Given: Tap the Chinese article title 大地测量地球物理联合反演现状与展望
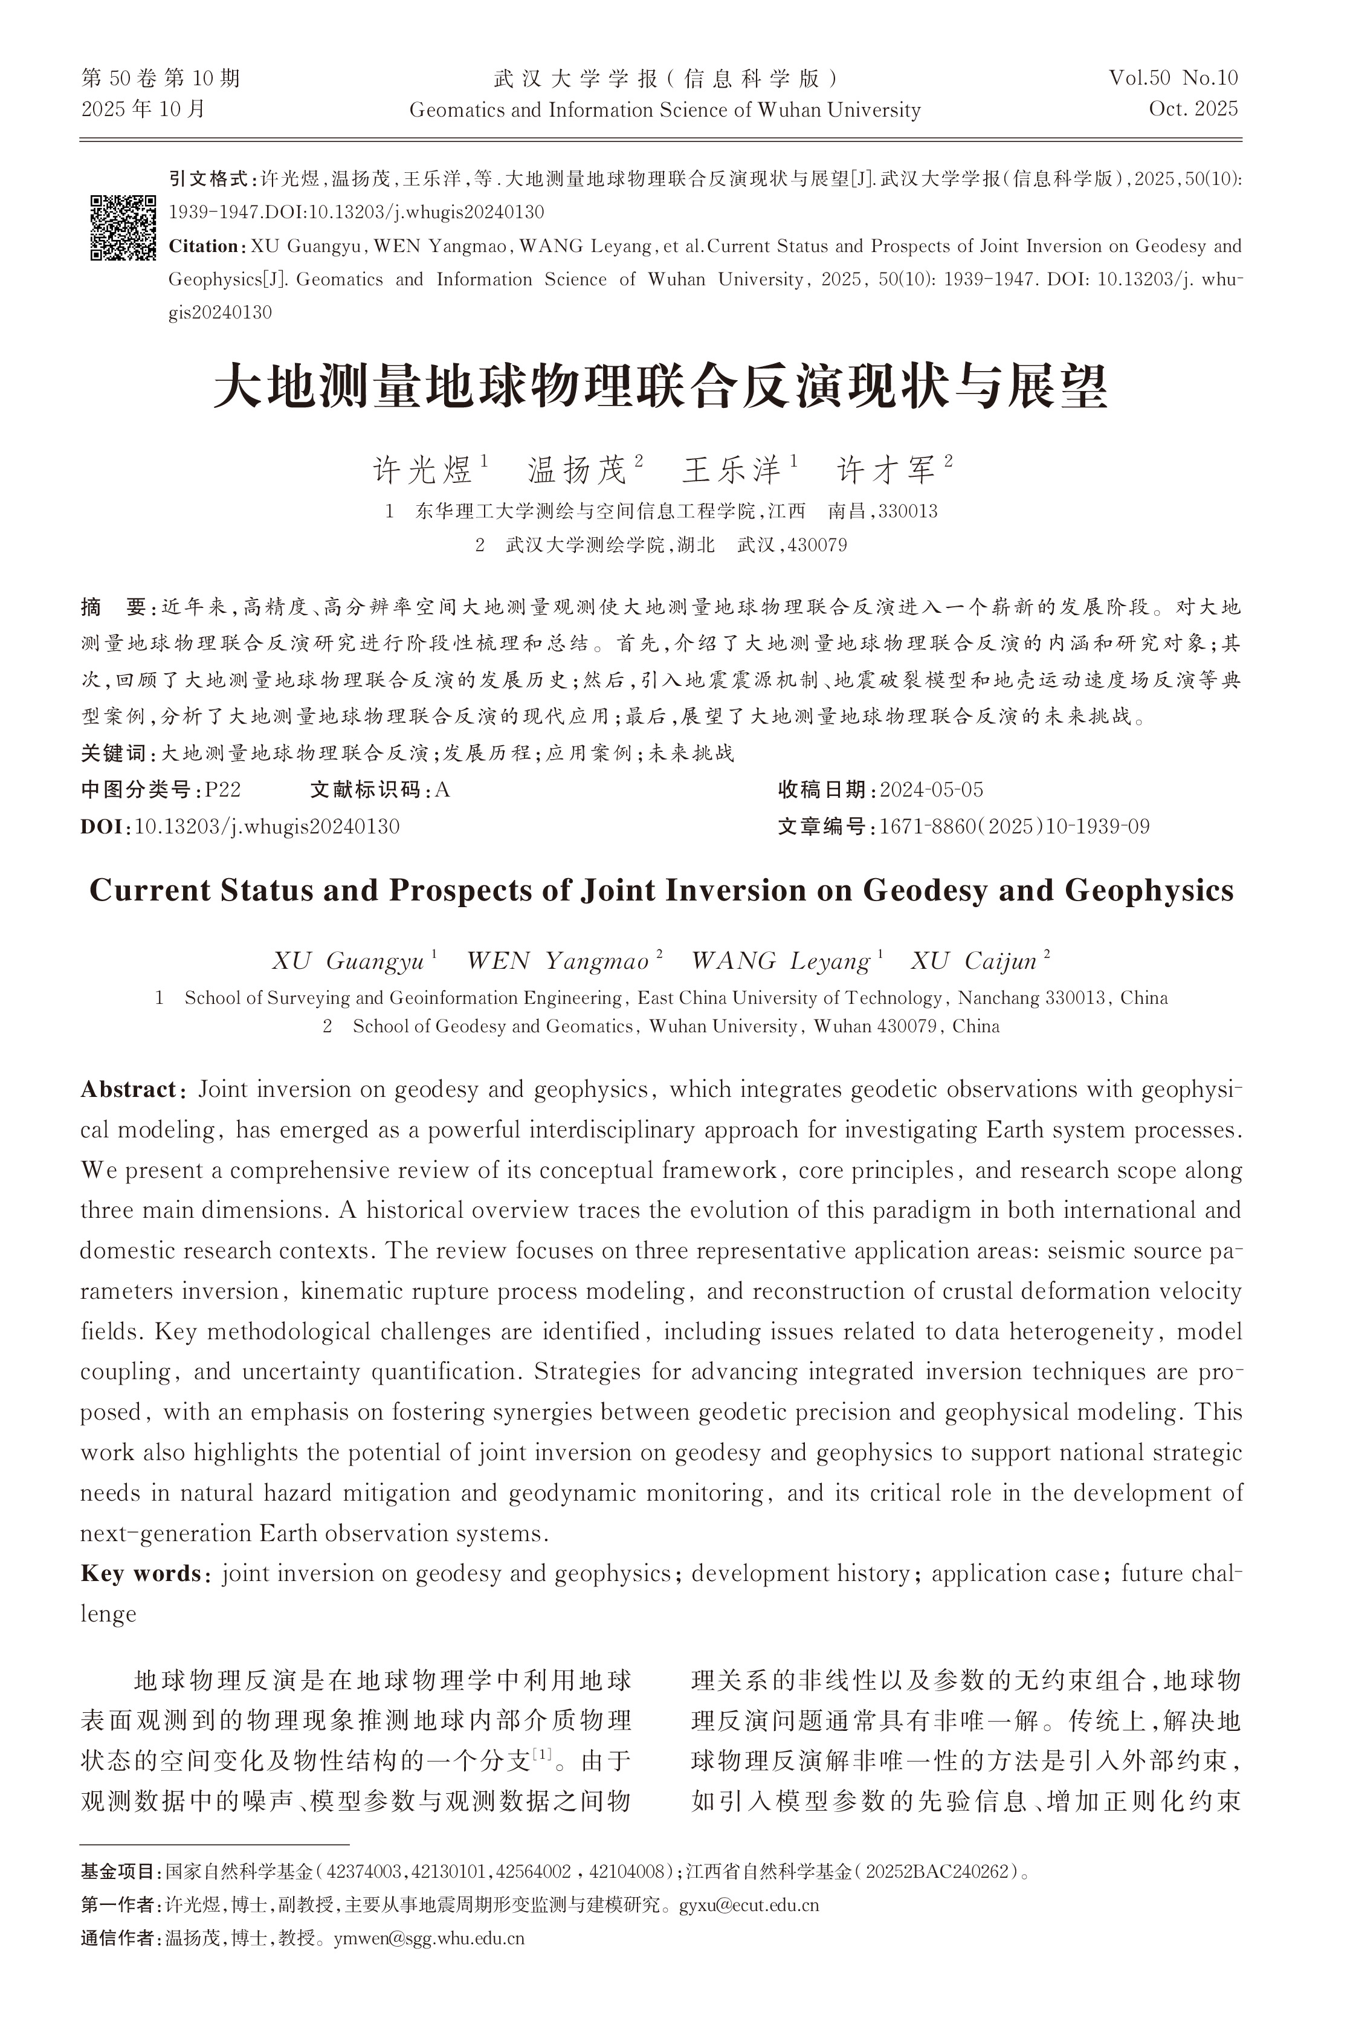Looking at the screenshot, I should point(660,387).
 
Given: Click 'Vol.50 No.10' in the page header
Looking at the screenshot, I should point(1174,79).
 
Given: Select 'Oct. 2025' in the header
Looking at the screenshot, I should point(1193,109).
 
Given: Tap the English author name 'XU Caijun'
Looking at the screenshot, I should point(973,962).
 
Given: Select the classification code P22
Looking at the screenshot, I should point(222,789).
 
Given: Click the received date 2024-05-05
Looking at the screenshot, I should point(931,789).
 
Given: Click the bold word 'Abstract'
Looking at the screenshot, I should point(128,1090).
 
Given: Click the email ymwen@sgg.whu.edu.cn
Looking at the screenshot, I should point(429,1938).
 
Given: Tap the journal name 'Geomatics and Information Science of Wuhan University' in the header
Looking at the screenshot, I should point(664,110).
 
